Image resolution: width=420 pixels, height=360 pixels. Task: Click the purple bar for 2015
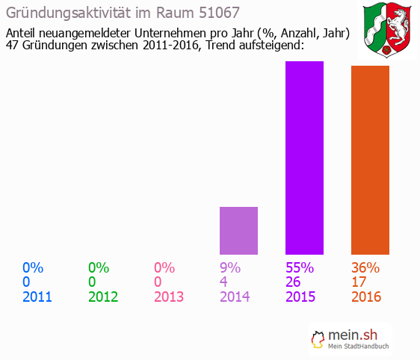(x=304, y=158)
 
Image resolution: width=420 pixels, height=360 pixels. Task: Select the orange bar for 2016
(x=370, y=160)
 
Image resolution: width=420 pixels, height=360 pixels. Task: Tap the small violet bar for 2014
(x=238, y=231)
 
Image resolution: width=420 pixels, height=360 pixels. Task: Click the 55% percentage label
(x=300, y=267)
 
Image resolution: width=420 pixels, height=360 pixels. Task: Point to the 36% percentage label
(x=365, y=267)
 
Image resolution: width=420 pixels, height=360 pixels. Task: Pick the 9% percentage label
(x=230, y=267)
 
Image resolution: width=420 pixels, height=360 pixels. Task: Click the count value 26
(x=294, y=282)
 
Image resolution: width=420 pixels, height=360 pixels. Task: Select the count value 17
(x=359, y=282)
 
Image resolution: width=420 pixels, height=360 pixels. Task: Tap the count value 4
(x=223, y=282)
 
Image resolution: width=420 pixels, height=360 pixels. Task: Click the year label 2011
(x=37, y=297)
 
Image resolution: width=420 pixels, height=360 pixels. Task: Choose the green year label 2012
(x=103, y=297)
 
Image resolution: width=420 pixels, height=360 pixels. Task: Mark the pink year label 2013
(x=169, y=297)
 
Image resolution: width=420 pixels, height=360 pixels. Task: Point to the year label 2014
(x=235, y=297)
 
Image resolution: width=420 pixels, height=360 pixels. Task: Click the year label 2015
(x=300, y=297)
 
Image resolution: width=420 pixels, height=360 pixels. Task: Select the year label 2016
(x=366, y=297)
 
